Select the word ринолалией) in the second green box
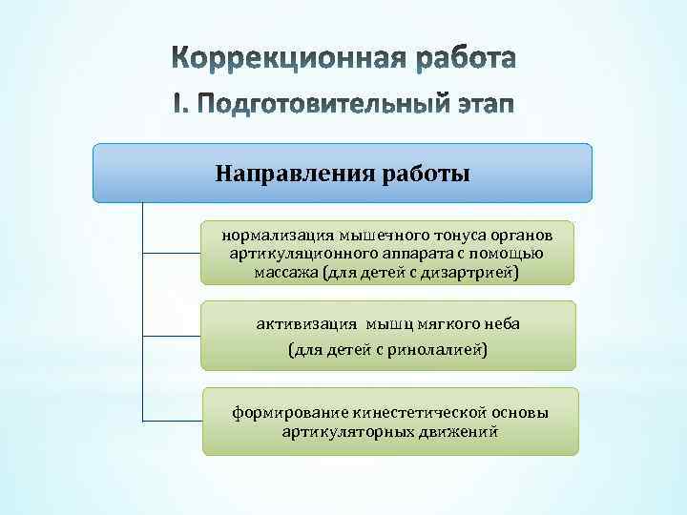441,350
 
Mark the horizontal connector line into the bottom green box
172,420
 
